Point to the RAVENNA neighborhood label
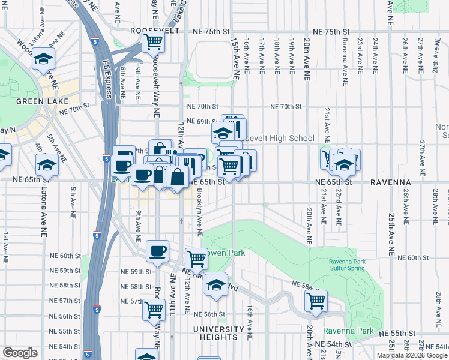(x=390, y=182)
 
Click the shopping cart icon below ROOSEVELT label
(x=153, y=43)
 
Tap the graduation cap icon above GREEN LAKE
(x=44, y=59)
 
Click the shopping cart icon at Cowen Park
(x=196, y=259)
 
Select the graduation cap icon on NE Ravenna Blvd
(x=215, y=284)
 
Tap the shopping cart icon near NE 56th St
(x=154, y=310)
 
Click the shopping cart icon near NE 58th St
(x=316, y=300)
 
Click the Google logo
(x=20, y=353)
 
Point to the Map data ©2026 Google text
(x=411, y=355)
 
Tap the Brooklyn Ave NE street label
(x=200, y=214)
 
